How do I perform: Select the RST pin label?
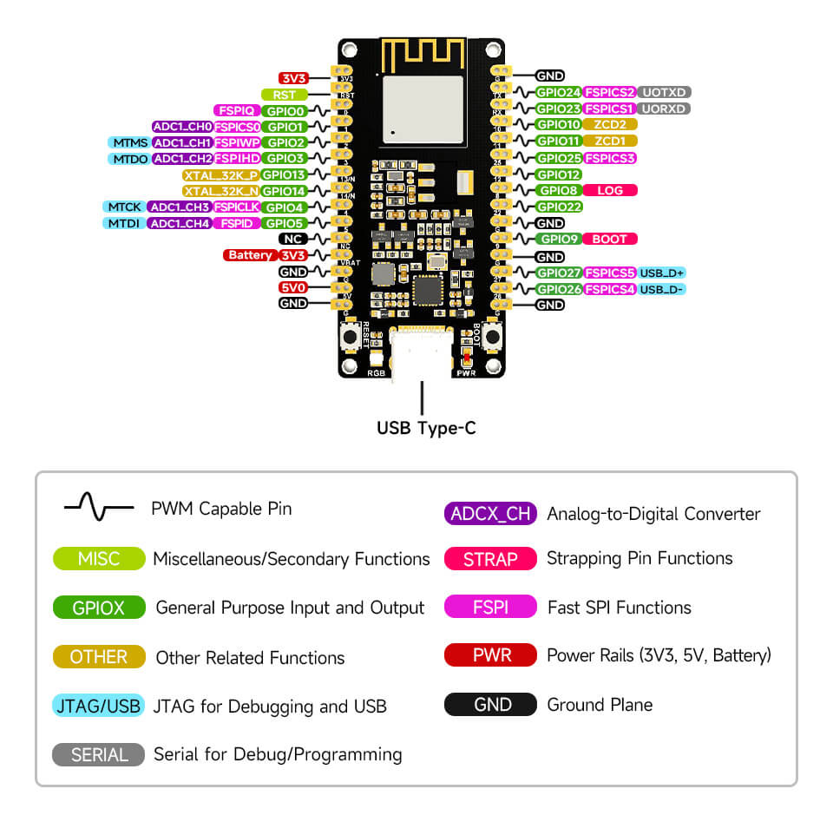point(284,94)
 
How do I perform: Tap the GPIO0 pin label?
point(285,110)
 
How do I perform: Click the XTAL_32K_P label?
point(220,174)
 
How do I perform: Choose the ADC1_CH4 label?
point(179,223)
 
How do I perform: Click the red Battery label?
point(249,255)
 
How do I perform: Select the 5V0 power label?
point(292,287)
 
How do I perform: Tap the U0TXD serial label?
point(665,92)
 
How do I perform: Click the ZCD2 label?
point(610,125)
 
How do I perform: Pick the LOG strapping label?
point(610,190)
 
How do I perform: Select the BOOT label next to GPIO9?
point(610,239)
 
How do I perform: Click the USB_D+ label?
point(663,273)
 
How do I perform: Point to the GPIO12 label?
point(558,174)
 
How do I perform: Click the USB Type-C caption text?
point(425,428)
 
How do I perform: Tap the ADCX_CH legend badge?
point(490,513)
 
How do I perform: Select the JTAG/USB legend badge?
point(98,706)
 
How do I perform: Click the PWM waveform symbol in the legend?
point(98,508)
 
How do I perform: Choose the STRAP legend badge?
point(490,559)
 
